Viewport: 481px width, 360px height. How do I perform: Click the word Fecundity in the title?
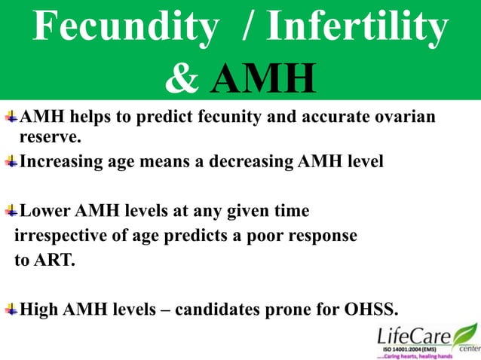pyautogui.click(x=125, y=29)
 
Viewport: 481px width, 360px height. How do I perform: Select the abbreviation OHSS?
pyautogui.click(x=372, y=310)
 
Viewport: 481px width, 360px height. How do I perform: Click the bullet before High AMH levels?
pyautogui.click(x=11, y=310)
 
